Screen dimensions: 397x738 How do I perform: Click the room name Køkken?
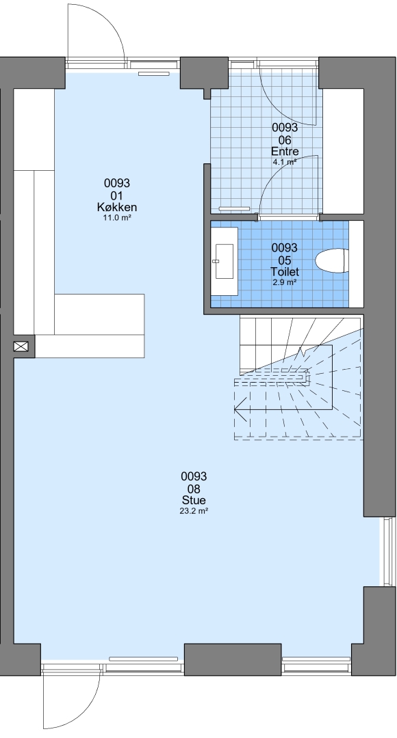117,208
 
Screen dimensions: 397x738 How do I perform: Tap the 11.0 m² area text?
117,218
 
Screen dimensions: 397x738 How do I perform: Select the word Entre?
285,152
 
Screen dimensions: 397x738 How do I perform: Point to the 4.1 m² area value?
285,163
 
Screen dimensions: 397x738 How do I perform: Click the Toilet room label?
285,272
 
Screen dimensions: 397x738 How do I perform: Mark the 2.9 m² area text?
285,282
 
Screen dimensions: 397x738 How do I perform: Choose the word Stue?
194,500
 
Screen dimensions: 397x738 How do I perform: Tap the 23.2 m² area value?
194,510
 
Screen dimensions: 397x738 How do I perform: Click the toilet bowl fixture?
332,261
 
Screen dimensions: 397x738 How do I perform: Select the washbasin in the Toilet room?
225,261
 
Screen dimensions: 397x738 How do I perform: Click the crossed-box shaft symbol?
21,347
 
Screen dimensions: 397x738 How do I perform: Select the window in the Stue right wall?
388,551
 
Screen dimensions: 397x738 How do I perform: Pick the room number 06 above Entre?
285,140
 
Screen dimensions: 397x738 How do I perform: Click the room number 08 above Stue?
194,489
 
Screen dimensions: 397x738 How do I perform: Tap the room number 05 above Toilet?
285,260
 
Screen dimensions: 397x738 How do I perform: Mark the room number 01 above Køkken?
117,195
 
